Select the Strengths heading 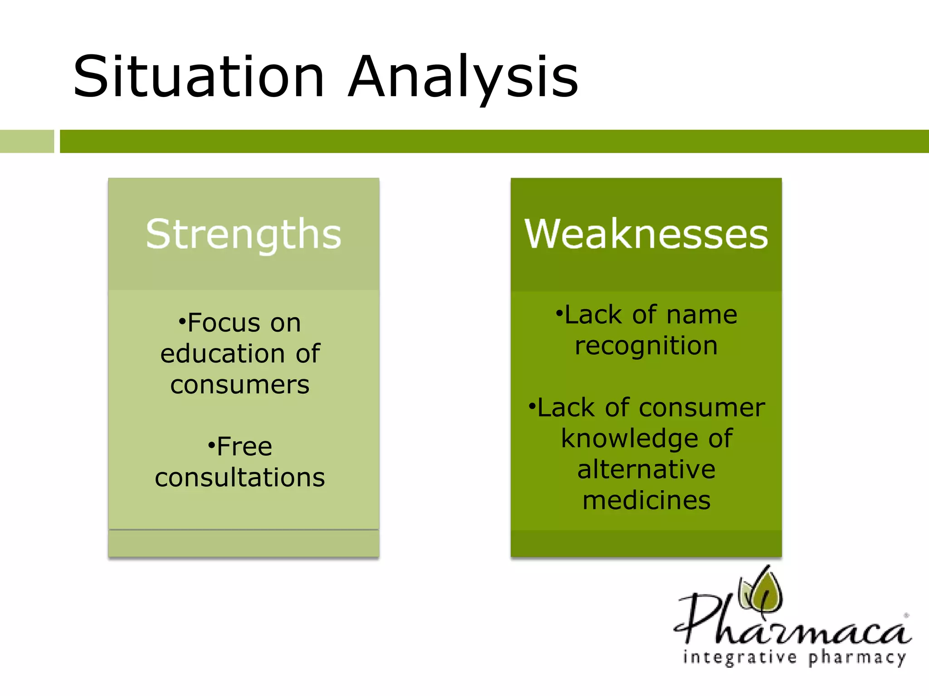coord(244,234)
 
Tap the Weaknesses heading coord(646,234)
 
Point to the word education coord(222,353)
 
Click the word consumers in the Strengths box coord(240,385)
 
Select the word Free coord(244,446)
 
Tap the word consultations coord(240,478)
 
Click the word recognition coord(646,346)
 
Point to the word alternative coord(646,469)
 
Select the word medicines coord(646,500)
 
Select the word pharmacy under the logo coord(857,657)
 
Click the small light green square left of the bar coord(27,141)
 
